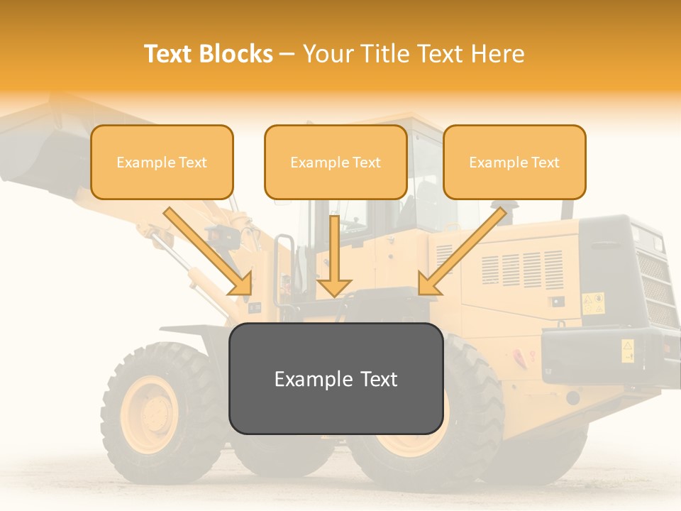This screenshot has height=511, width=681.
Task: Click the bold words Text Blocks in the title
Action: coord(209,54)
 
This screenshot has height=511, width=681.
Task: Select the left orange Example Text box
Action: coord(162,163)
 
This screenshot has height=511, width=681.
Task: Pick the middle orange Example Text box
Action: coord(336,163)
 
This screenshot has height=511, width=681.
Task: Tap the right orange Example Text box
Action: coord(514,163)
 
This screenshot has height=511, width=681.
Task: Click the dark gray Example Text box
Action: coord(336,378)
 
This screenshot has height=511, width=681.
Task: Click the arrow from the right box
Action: coord(461,252)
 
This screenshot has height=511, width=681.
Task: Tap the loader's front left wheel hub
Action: coord(150,414)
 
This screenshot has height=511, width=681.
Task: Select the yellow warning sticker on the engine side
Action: coord(593,303)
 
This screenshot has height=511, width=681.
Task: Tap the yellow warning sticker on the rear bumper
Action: coord(628,350)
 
